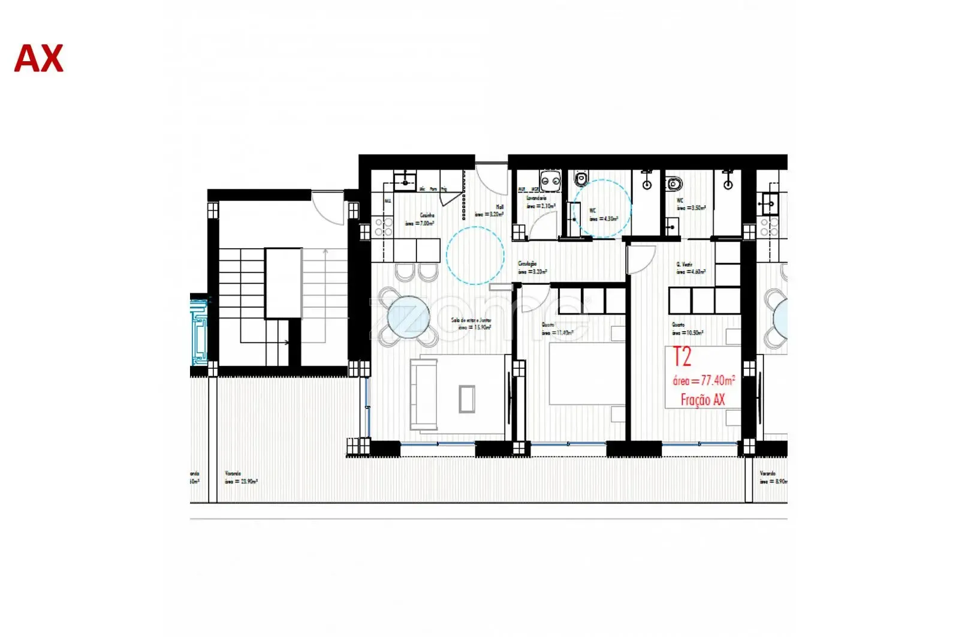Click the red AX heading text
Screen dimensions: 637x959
[38, 59]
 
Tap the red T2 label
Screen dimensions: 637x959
[682, 357]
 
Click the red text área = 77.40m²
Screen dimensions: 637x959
[704, 380]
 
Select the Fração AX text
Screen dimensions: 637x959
[702, 399]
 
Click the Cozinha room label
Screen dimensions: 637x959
[427, 215]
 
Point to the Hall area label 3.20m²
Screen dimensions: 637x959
[489, 214]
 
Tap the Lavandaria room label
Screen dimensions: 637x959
[536, 197]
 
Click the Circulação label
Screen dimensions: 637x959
[527, 263]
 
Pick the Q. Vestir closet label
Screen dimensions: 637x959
[684, 264]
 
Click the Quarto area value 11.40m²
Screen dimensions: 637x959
[557, 333]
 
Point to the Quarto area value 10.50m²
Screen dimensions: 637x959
[687, 333]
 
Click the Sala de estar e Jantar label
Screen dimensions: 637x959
[471, 320]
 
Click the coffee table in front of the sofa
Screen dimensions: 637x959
[467, 399]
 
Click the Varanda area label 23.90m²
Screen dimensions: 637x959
[242, 481]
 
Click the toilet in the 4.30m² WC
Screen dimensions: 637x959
[581, 178]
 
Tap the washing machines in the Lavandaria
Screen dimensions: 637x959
[550, 178]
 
